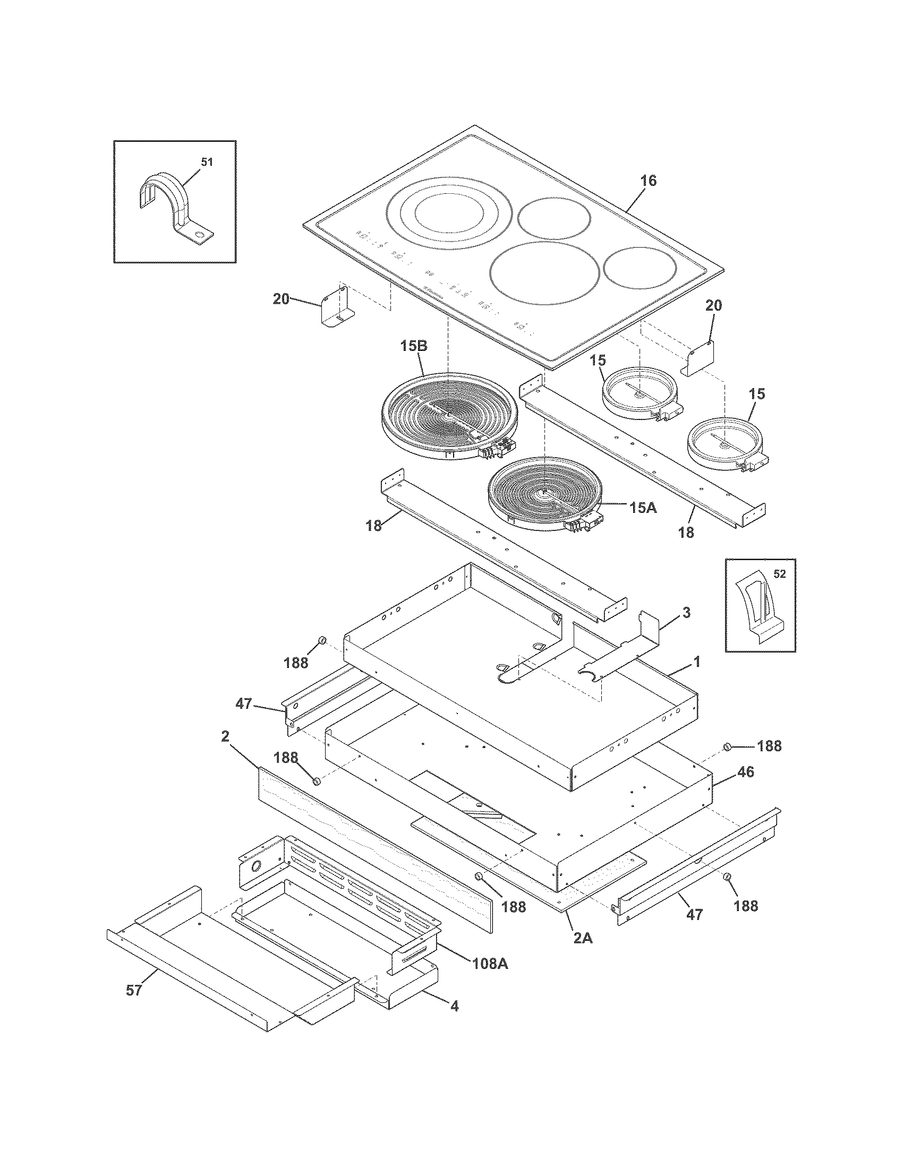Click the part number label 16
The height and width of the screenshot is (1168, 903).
(x=648, y=181)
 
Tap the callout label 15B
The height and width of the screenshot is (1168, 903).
(x=413, y=346)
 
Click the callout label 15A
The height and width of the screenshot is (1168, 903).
(x=643, y=508)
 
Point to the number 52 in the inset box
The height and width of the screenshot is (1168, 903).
(x=779, y=574)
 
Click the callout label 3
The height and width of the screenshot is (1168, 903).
(x=687, y=612)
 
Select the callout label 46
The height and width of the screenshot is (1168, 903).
(x=745, y=772)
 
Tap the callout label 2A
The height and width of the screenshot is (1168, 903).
(x=583, y=938)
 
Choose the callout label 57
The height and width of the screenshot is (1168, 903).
(x=134, y=991)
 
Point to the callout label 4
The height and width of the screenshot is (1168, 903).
(x=454, y=1006)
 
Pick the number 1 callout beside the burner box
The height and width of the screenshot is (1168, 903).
(x=696, y=662)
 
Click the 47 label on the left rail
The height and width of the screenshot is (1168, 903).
(x=244, y=705)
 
